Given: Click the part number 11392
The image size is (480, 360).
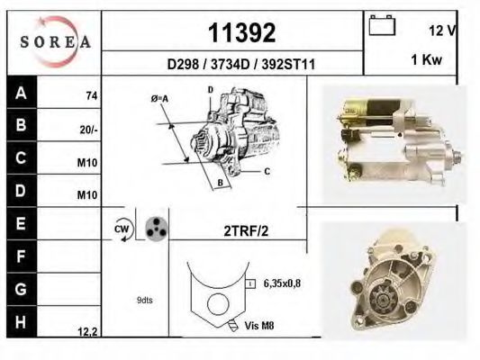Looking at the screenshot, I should tap(241, 34).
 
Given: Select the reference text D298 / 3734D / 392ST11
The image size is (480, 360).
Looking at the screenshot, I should tap(241, 65).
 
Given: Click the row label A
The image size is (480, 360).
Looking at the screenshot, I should tap(21, 93).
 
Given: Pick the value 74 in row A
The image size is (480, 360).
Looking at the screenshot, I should tap(91, 95).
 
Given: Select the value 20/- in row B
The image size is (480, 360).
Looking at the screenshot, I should tap(88, 129).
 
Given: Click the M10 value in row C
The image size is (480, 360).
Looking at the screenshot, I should tap(88, 163).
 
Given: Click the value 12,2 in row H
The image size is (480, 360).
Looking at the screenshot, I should tap(87, 331).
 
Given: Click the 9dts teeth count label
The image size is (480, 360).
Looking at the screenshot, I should tap(144, 300).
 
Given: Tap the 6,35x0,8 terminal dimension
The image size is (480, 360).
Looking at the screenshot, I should tap(283, 283).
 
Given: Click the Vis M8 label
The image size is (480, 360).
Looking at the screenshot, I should tap(259, 325).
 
